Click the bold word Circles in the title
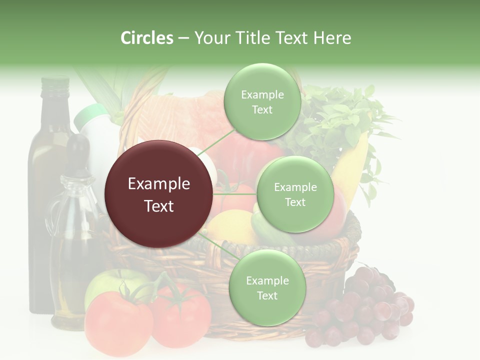[x=147, y=38]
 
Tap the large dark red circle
[x=159, y=194]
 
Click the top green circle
[x=262, y=102]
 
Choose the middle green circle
[x=295, y=194]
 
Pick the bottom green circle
[x=267, y=288]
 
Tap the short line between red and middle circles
[x=235, y=194]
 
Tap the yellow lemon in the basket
[x=230, y=225]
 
